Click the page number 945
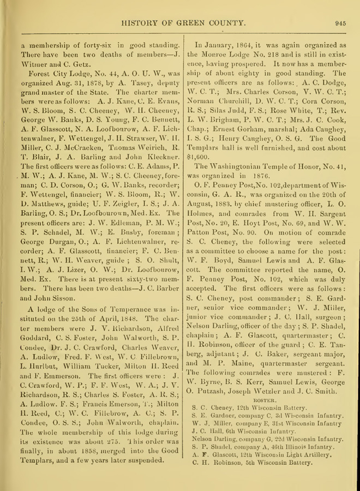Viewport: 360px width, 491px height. pyautogui.click(x=341, y=23)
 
